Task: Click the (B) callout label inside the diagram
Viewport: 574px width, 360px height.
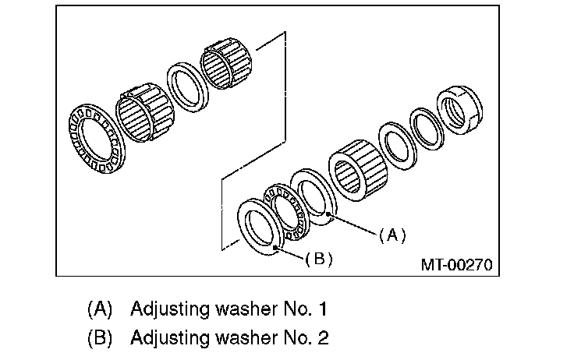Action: click(318, 259)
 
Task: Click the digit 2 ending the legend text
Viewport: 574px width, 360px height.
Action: click(322, 338)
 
